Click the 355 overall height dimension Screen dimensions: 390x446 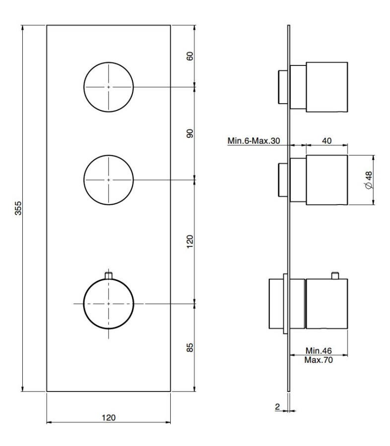point(18,208)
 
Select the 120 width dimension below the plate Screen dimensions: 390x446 point(109,418)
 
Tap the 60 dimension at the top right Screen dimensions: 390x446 point(190,56)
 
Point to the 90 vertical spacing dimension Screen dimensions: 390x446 point(190,133)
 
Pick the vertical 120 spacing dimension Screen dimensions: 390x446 point(190,241)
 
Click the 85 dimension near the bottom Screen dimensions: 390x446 point(190,347)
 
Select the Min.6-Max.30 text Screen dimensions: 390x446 point(254,141)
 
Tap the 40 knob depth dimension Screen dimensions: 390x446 point(327,141)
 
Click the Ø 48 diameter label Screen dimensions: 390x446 point(369,180)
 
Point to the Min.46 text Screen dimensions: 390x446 point(319,350)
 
